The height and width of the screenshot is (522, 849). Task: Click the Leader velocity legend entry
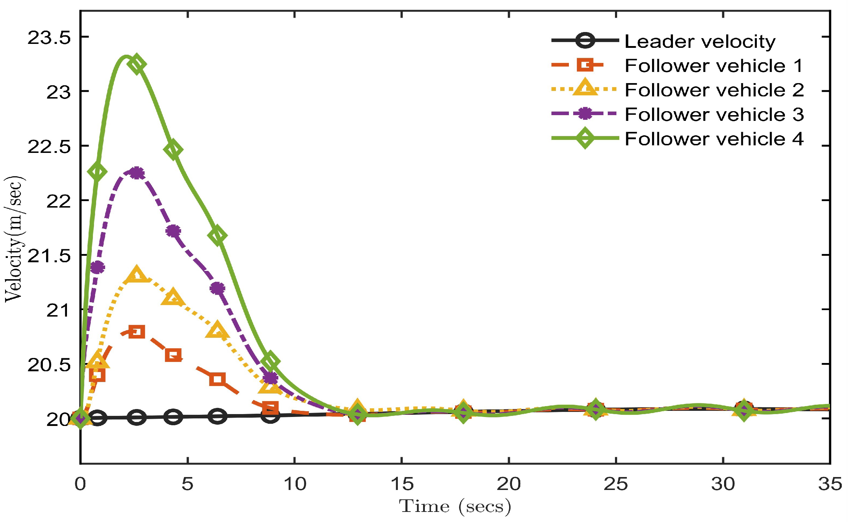coord(700,41)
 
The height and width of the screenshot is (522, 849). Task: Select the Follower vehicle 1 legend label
coord(714,66)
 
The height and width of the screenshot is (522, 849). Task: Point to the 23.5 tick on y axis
coord(49,37)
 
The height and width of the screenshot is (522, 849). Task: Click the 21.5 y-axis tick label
coord(49,256)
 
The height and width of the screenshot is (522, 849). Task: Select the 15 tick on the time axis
coord(402,484)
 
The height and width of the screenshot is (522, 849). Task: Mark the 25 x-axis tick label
coord(616,484)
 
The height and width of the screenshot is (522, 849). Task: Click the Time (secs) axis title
coord(455,507)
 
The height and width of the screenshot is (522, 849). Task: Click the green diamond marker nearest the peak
coord(137,64)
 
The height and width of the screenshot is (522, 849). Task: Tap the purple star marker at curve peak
coord(136,173)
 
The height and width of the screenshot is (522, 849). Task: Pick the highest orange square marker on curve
coord(137,331)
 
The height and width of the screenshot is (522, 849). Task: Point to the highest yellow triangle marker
coord(136,275)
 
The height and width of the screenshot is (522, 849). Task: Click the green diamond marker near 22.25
coord(97,172)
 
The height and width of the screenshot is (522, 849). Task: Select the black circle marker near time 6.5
coord(217,416)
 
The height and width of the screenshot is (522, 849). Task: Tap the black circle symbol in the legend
coord(585,40)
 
